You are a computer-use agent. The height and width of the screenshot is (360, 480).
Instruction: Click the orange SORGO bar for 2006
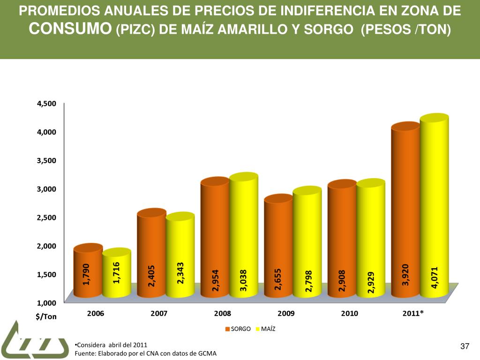88,272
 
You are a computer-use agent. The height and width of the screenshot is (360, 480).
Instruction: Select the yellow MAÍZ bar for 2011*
434,206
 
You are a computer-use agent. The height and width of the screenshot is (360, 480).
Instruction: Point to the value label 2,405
152,276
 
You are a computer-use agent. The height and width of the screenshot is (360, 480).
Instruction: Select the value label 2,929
371,282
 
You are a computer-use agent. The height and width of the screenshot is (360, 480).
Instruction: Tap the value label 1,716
117,272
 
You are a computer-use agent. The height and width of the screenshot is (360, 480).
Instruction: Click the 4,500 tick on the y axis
46,104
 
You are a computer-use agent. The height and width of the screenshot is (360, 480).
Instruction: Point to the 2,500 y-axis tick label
46,217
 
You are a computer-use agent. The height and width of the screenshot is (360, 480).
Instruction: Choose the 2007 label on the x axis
159,314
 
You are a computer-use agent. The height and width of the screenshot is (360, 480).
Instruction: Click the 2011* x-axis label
413,314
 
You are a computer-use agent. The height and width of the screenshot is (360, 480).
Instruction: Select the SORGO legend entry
238,329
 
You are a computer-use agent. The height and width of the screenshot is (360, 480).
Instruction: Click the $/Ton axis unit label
46,316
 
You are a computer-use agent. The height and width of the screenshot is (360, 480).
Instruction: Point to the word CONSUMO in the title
70,29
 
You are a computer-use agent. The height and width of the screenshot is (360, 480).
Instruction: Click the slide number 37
465,346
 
